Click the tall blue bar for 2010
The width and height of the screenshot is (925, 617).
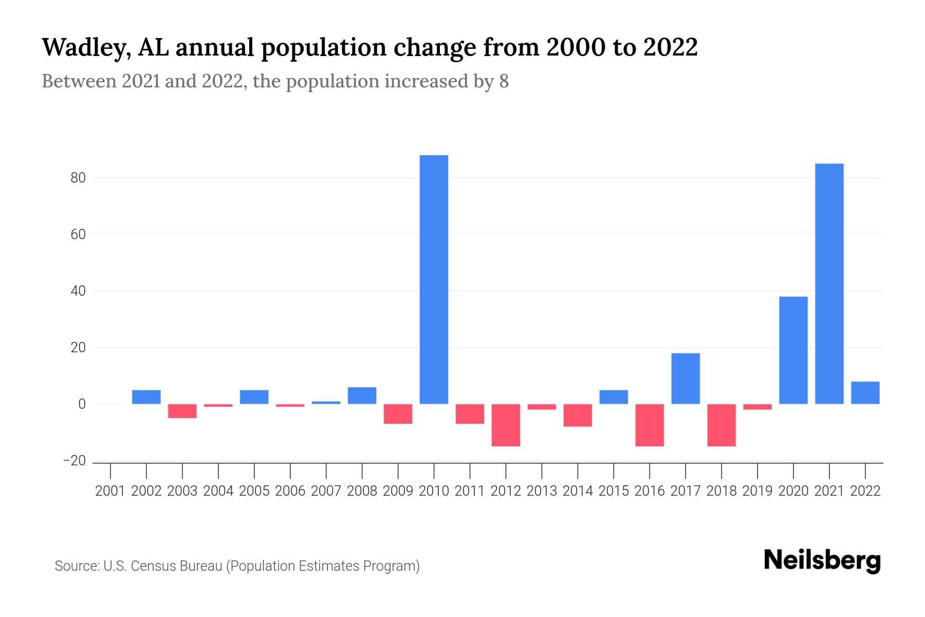(x=434, y=279)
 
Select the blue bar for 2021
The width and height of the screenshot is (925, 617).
(x=829, y=283)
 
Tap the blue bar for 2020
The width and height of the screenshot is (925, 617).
(x=793, y=350)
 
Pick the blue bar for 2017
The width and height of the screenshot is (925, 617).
(x=685, y=378)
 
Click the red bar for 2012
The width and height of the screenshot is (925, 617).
(x=506, y=425)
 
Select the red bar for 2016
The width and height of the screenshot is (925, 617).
(x=650, y=425)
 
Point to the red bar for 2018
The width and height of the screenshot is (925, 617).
(x=721, y=425)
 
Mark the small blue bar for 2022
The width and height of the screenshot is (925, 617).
(x=865, y=393)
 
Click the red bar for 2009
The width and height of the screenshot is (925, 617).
(x=398, y=414)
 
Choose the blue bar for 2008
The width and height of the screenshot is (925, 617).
(x=362, y=395)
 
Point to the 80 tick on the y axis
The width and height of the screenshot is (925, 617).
(x=78, y=178)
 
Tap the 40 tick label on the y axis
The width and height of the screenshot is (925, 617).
(x=78, y=291)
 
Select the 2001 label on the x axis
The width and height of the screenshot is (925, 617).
(x=110, y=491)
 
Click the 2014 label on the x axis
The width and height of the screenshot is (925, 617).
(x=578, y=491)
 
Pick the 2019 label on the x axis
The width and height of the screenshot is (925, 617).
(x=757, y=491)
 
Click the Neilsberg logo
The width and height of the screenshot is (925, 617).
(x=822, y=560)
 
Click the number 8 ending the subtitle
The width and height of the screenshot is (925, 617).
(x=504, y=82)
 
